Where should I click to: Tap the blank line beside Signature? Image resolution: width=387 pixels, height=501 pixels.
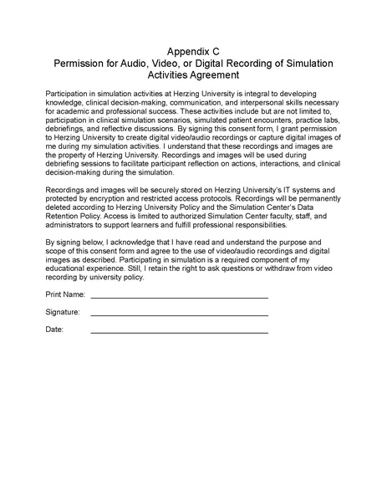click(x=179, y=315)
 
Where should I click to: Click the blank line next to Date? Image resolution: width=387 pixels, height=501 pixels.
click(x=179, y=332)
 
